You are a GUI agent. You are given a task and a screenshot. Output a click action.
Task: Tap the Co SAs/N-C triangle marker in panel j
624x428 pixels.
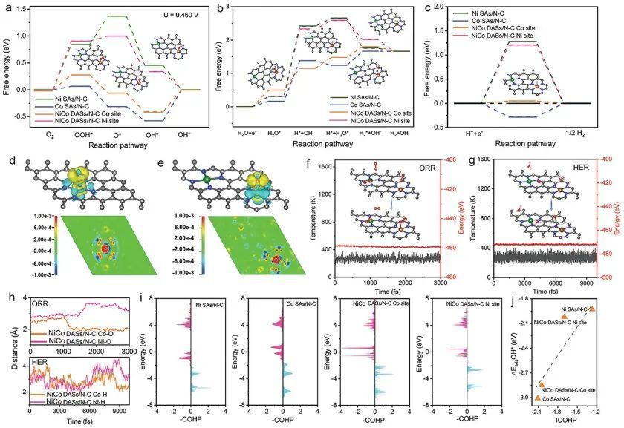point(537,398)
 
